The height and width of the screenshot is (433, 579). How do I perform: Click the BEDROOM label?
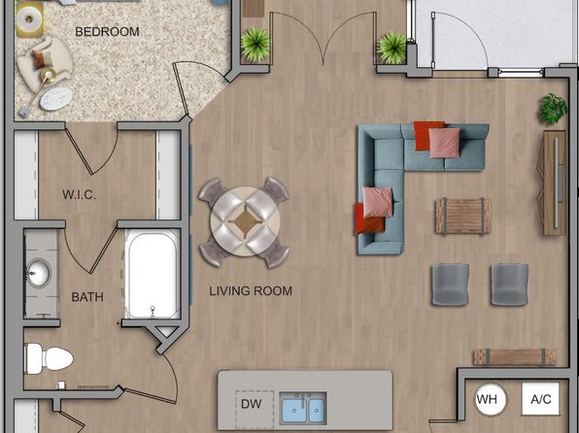coord(107,32)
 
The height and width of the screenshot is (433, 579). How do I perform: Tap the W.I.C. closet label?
coord(79,194)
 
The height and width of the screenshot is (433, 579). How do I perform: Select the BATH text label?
coord(87,297)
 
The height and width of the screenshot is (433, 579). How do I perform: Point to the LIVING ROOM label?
coord(251,291)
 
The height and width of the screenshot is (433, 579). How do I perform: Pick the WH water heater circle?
coord(491,399)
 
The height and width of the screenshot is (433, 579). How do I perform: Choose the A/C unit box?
coord(540,399)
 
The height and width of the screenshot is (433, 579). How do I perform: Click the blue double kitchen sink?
coord(303,408)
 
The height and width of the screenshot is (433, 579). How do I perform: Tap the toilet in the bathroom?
coord(49,358)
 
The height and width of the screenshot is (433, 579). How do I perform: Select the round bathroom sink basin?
coord(39,273)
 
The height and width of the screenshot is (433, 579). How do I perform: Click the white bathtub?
coord(153,274)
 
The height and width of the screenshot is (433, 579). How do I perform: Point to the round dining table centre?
coord(245,221)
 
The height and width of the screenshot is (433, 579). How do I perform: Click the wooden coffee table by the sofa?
coord(463,216)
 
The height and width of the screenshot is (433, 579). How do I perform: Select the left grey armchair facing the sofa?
coord(451,284)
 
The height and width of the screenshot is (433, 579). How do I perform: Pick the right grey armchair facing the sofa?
coord(510,284)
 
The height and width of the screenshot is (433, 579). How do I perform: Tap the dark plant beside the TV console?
coord(553,109)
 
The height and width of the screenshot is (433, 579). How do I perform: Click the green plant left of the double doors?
coord(255,45)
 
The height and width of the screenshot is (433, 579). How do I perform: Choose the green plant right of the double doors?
coord(392,48)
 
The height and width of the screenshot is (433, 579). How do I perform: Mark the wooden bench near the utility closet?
coord(515,357)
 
